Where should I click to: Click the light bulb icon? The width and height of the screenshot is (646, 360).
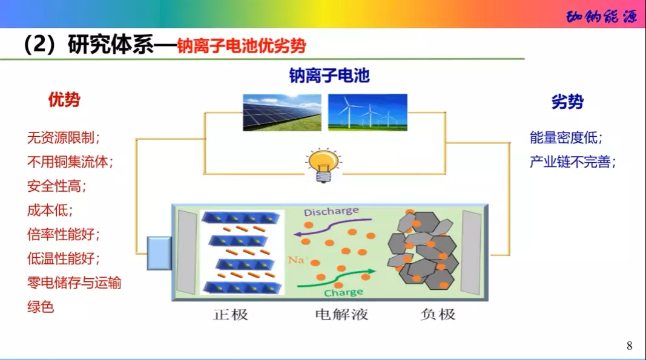coord(321,165)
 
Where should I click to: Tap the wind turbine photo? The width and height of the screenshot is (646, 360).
coord(367,112)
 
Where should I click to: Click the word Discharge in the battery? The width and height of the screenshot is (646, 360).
coord(331,212)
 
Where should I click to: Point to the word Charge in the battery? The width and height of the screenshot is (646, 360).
coord(343,293)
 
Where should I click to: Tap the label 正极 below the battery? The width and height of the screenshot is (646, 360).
coord(231,315)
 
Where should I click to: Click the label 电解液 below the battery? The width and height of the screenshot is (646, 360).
coord(342,315)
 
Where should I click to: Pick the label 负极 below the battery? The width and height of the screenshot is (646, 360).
coord(438,315)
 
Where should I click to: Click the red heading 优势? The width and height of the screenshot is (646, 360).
coord(64,100)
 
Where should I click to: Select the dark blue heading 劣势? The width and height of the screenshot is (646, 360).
coord(567,102)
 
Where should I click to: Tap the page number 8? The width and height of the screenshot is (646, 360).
coord(630,346)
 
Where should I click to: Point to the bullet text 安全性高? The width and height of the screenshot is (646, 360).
coord(57,186)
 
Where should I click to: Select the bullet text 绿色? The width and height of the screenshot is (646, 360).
coord(41,307)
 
